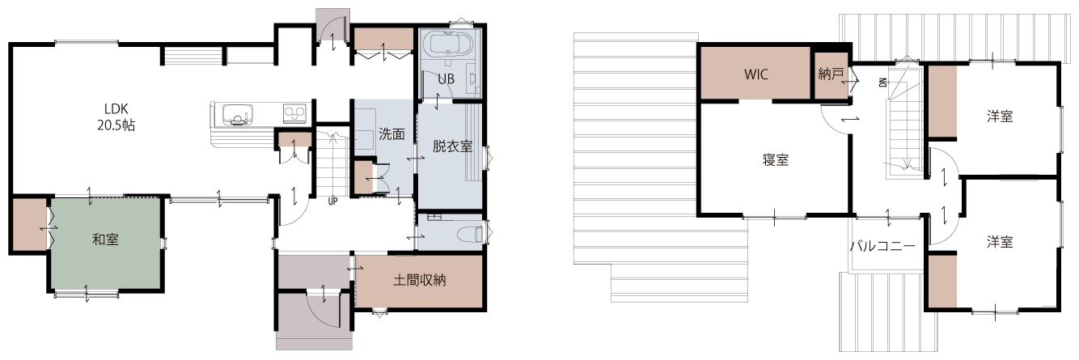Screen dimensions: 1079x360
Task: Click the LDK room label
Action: click(x=116, y=108)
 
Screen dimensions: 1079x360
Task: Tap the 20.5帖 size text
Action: click(x=116, y=125)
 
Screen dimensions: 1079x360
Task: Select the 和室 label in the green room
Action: click(x=105, y=239)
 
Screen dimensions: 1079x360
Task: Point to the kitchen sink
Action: click(x=237, y=115)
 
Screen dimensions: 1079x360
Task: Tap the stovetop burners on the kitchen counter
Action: click(x=294, y=113)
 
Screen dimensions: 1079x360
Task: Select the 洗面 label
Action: click(x=391, y=134)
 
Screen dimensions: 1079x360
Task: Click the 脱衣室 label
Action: click(x=452, y=146)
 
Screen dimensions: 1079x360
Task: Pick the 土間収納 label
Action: click(x=420, y=280)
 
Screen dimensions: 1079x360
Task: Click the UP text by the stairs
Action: click(x=332, y=201)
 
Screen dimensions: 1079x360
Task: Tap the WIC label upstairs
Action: click(x=755, y=74)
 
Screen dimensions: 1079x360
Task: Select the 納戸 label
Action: click(x=831, y=74)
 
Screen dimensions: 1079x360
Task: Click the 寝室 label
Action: click(x=776, y=159)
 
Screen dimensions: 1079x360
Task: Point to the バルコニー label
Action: click(x=882, y=246)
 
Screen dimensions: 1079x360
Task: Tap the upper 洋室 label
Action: click(x=1000, y=116)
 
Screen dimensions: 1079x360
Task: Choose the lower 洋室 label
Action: click(x=1000, y=241)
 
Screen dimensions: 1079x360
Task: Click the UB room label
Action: click(x=446, y=79)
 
